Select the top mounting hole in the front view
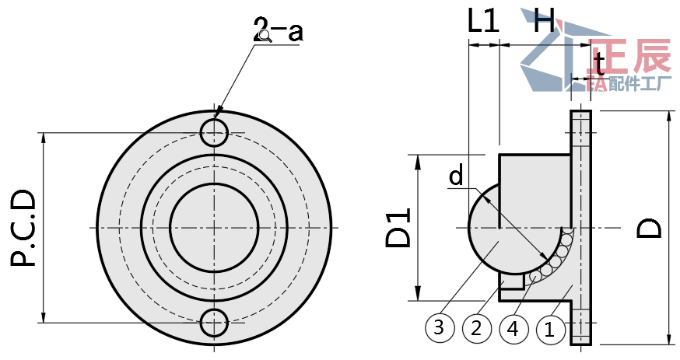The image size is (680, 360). point(215,133)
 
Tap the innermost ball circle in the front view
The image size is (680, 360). point(214,228)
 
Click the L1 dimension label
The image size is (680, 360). point(483,22)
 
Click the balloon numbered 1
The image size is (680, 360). point(549,329)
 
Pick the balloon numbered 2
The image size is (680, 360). point(476,329)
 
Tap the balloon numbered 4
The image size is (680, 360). point(512,329)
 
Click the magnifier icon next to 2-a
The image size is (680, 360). point(266,36)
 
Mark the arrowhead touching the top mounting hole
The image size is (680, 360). point(219,114)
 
